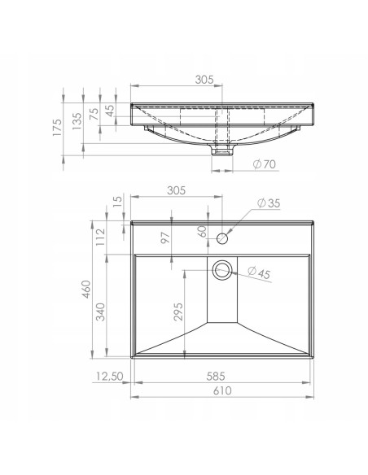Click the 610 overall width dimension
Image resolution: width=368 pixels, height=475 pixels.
(x=222, y=390)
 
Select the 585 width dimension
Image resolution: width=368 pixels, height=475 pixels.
(x=216, y=377)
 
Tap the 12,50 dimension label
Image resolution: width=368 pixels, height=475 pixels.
(x=110, y=377)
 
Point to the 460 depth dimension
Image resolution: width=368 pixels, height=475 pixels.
(x=86, y=290)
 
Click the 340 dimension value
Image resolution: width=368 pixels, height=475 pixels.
(x=100, y=312)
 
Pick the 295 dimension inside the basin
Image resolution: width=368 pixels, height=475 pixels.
(x=178, y=312)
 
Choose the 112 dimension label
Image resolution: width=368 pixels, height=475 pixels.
(x=100, y=237)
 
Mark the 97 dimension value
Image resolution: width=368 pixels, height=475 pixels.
(x=165, y=238)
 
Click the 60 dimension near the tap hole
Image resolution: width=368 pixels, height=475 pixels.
(x=202, y=232)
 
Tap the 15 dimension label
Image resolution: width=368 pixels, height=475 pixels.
(x=117, y=200)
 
